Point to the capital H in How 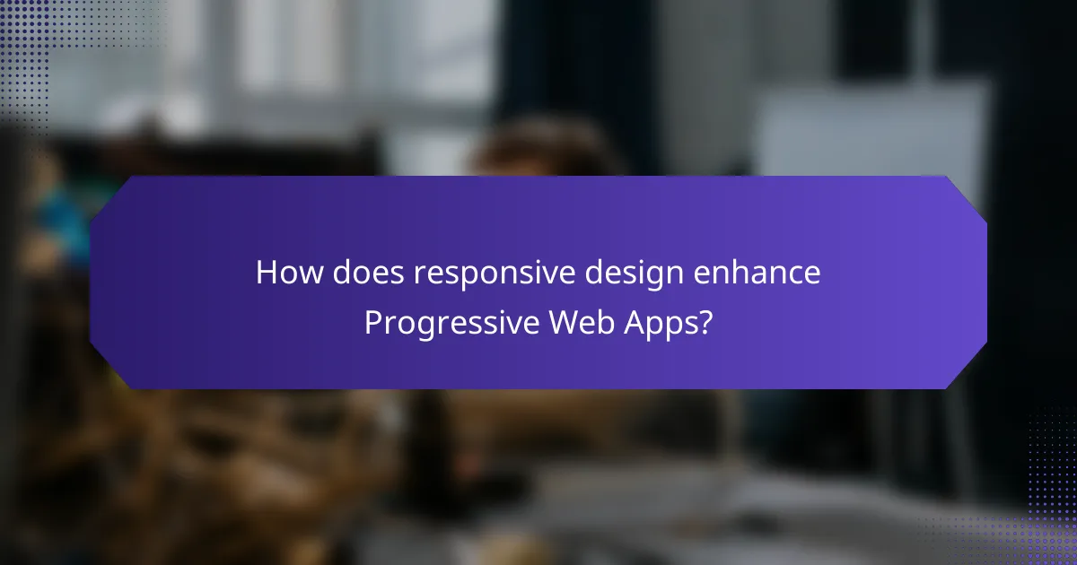(266, 274)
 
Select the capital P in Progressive (372, 323)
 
